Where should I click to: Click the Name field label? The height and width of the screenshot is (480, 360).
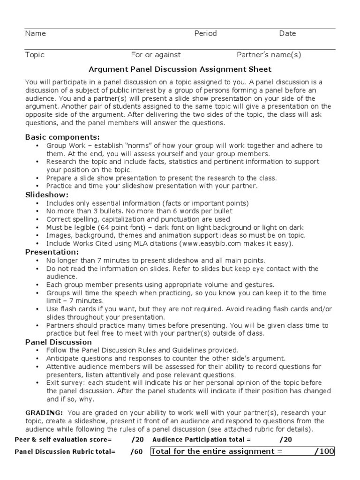pyautogui.click(x=35, y=34)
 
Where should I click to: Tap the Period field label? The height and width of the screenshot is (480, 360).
pyautogui.click(x=205, y=34)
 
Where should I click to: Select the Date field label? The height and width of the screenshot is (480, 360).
pyautogui.click(x=287, y=34)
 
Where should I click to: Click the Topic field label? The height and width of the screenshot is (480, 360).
pyautogui.click(x=35, y=55)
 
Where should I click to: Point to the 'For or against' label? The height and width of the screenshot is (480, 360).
pyautogui.click(x=156, y=55)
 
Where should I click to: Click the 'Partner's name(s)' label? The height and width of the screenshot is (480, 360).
pyautogui.click(x=269, y=55)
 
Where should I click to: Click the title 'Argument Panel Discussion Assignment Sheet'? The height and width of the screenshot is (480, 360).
pyautogui.click(x=180, y=69)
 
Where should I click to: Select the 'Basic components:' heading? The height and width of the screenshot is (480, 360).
pyautogui.click(x=62, y=137)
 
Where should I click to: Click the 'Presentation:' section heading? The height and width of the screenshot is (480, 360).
pyautogui.click(x=52, y=252)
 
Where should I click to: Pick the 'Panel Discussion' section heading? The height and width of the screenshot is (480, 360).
pyautogui.click(x=58, y=342)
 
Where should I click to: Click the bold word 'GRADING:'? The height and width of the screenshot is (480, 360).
pyautogui.click(x=44, y=412)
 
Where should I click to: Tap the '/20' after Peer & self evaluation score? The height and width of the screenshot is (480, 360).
pyautogui.click(x=138, y=440)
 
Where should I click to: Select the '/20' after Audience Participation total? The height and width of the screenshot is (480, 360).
pyautogui.click(x=285, y=440)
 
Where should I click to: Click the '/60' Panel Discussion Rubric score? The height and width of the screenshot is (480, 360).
pyautogui.click(x=137, y=452)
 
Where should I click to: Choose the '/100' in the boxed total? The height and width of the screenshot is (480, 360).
pyautogui.click(x=324, y=451)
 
